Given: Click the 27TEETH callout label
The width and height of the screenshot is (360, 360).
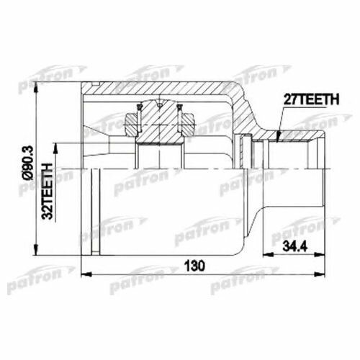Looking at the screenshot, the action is pos(311,99).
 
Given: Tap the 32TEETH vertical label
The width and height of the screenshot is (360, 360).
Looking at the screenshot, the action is pos(47,192).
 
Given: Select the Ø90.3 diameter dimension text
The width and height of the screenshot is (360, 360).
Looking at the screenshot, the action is pos(28,163).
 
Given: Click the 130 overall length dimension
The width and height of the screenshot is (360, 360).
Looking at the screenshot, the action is pos(194,266).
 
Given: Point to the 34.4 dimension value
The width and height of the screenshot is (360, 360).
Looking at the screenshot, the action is pos(295,246).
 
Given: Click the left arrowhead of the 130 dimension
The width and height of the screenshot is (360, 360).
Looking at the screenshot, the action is pos(87,274).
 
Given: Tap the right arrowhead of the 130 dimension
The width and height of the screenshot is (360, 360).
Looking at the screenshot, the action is pos(320,274).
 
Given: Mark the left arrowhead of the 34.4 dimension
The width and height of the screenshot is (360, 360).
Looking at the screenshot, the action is pos(269,254).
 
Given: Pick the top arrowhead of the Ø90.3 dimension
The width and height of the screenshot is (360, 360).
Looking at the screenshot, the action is pos(36,88).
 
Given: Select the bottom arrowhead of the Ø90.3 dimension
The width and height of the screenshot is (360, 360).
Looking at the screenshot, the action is pos(36,250).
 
